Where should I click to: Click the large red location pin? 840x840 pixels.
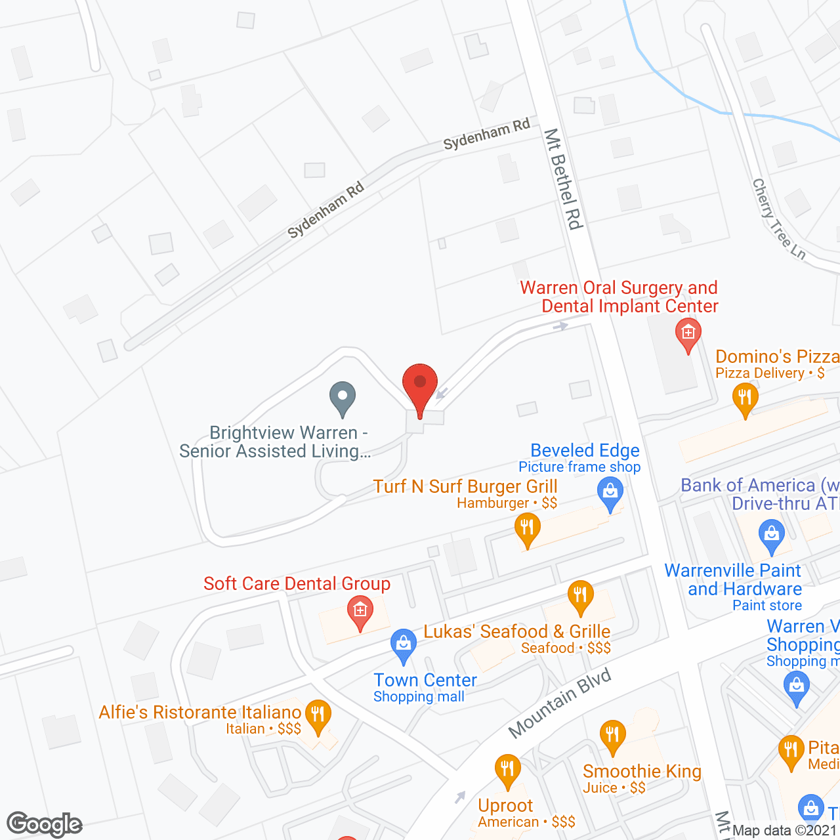[x=419, y=387]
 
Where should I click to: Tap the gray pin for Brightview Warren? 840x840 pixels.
[x=342, y=398]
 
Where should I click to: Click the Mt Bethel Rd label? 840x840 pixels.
[x=563, y=179]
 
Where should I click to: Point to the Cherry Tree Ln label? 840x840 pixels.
[x=778, y=219]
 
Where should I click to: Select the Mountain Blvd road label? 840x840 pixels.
[x=560, y=703]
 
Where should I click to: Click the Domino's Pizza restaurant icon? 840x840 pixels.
[x=745, y=399]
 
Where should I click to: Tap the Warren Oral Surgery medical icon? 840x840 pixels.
[x=688, y=334]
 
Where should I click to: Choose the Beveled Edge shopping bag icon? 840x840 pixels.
[x=610, y=493]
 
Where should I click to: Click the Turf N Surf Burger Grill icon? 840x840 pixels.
[x=527, y=528]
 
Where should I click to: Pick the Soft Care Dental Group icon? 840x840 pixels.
[x=360, y=612]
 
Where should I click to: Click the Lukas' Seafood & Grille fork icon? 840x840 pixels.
[x=580, y=597]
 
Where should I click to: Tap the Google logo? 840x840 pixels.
[x=45, y=824]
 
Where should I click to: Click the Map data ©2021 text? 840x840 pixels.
[x=785, y=830]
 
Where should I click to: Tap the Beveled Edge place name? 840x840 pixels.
[x=585, y=450]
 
